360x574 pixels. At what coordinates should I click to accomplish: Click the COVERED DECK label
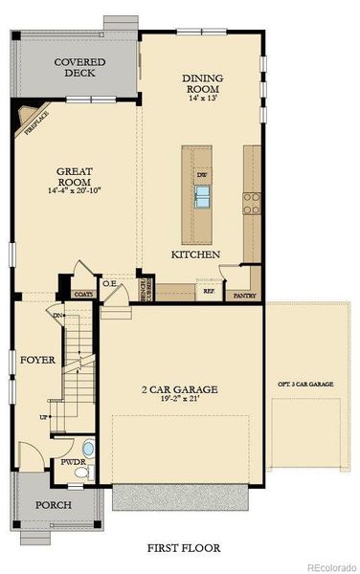79,67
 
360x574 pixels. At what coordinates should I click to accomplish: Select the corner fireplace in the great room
24,121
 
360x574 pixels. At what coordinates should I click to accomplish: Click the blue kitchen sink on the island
203,196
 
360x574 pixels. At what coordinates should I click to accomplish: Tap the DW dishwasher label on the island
202,176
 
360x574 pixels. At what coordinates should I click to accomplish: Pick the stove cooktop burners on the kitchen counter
251,202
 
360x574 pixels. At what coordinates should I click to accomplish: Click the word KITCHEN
195,255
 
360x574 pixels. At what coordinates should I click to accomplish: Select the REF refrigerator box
208,290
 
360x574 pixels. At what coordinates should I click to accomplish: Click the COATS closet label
83,295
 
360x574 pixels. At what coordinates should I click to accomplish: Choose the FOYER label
37,361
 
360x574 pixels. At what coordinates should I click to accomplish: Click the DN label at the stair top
58,315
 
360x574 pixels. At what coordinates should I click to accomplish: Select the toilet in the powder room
88,448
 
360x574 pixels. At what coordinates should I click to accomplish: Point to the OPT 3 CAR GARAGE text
304,384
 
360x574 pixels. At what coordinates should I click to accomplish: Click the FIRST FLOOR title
183,548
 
